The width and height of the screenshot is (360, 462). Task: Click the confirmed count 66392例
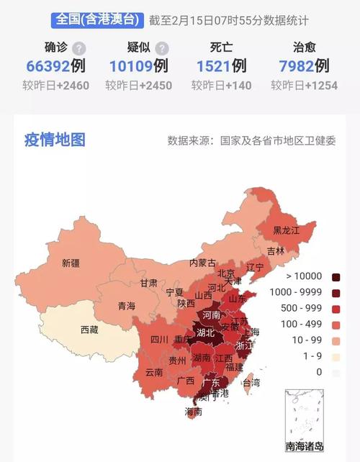[55, 67]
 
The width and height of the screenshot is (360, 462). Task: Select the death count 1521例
[221, 66]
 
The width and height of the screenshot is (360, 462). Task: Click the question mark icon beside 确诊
[78, 48]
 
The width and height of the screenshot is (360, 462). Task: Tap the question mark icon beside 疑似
[163, 48]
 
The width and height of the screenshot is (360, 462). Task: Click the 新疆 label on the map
[71, 263]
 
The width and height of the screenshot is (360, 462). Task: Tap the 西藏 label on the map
[89, 330]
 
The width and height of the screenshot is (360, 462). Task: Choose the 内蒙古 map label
[202, 263]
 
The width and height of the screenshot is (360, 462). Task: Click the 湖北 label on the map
[205, 333]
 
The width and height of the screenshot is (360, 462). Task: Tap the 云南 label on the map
[154, 373]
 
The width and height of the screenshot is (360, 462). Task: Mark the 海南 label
[194, 412]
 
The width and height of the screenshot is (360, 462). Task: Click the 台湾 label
[251, 382]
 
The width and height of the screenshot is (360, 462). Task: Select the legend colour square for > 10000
[336, 277]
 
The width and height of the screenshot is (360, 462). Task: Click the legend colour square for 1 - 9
[336, 356]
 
